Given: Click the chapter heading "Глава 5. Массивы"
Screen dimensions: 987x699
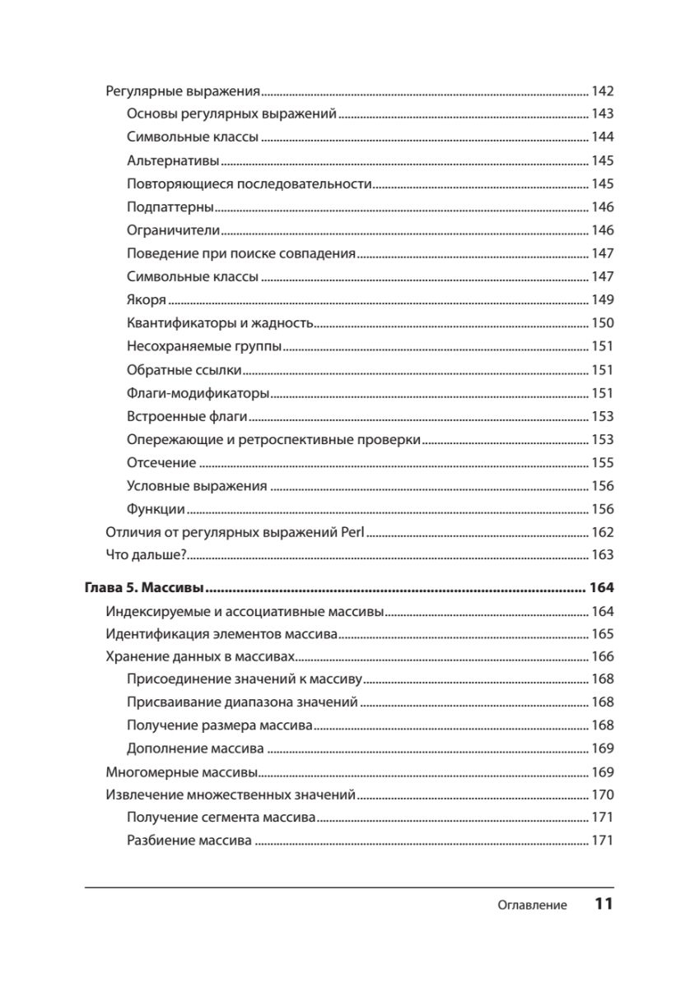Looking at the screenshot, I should pyautogui.click(x=145, y=589).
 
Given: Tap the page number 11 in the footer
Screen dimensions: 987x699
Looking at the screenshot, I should pyautogui.click(x=603, y=904).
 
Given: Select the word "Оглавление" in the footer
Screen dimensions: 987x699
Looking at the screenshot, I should pyautogui.click(x=532, y=906).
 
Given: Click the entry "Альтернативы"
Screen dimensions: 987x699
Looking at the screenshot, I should pyautogui.click(x=173, y=160).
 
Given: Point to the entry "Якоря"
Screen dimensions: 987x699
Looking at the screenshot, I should pyautogui.click(x=147, y=300).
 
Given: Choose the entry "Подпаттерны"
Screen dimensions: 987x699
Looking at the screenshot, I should pyautogui.click(x=170, y=207).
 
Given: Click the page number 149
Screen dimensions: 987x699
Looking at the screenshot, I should pyautogui.click(x=603, y=300).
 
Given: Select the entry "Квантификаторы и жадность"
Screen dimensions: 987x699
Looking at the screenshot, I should pyautogui.click(x=221, y=323).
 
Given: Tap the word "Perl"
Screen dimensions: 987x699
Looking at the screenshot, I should pyautogui.click(x=352, y=532).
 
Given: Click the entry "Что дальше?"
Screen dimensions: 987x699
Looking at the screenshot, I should pyautogui.click(x=148, y=555).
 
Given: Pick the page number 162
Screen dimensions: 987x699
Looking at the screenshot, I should pyautogui.click(x=603, y=532).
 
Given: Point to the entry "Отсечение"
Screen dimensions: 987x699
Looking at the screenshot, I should pyautogui.click(x=161, y=463).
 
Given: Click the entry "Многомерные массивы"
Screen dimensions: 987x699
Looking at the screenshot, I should pyautogui.click(x=182, y=773).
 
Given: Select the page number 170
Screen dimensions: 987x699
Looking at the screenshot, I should pyautogui.click(x=603, y=795).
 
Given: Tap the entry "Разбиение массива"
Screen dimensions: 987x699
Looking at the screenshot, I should pyautogui.click(x=189, y=841).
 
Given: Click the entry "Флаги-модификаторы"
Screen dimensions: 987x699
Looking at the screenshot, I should pyautogui.click(x=198, y=393).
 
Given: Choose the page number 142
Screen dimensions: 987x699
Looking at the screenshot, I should pyautogui.click(x=603, y=92).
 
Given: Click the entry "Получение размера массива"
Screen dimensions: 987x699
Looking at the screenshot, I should pyautogui.click(x=220, y=726).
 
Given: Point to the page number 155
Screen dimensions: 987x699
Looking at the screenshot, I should pyautogui.click(x=603, y=463).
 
